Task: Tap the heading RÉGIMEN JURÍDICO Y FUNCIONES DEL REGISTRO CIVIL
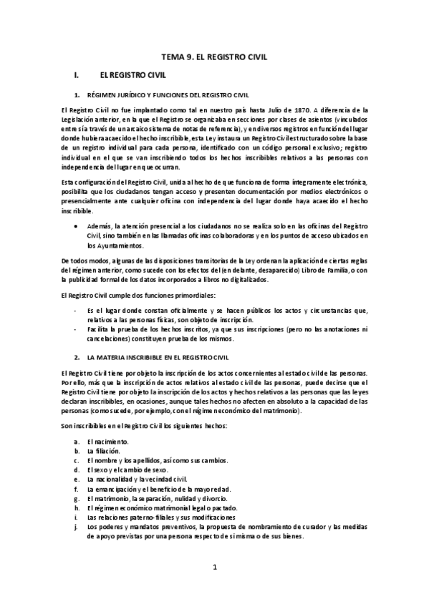(168, 94)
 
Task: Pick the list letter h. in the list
(76, 508)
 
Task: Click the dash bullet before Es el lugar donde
(76, 309)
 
